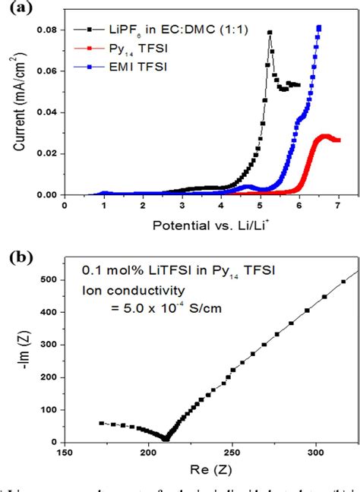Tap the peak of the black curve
coord(270,33)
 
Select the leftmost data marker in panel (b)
coord(102,423)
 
